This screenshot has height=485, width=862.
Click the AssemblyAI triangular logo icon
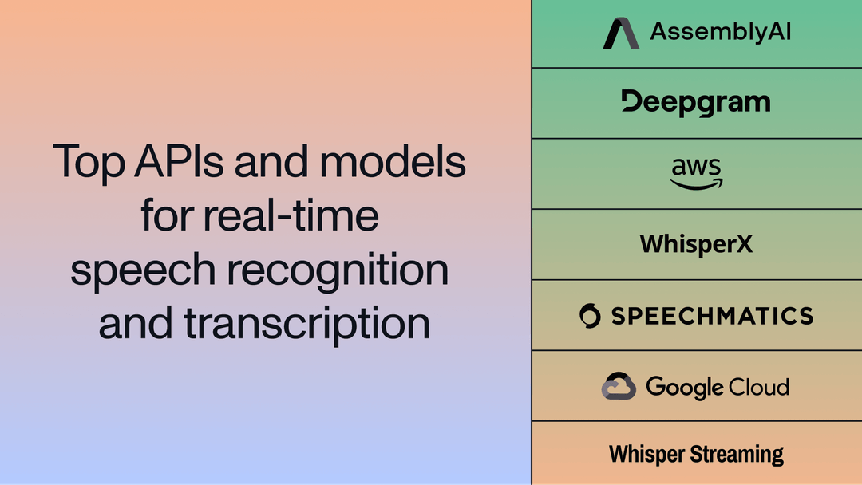pyautogui.click(x=620, y=34)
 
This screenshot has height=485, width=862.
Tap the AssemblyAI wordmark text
pyautogui.click(x=720, y=32)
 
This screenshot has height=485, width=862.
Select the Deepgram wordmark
pyautogui.click(x=695, y=102)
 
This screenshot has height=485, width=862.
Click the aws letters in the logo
pyautogui.click(x=696, y=168)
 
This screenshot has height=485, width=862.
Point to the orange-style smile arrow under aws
pyautogui.click(x=696, y=184)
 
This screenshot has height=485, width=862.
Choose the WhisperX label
pyautogui.click(x=696, y=244)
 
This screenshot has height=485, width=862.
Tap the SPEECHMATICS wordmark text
pyautogui.click(x=712, y=315)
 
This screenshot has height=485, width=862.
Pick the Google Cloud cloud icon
pyautogui.click(x=619, y=386)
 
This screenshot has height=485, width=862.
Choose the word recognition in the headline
pyautogui.click(x=337, y=271)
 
